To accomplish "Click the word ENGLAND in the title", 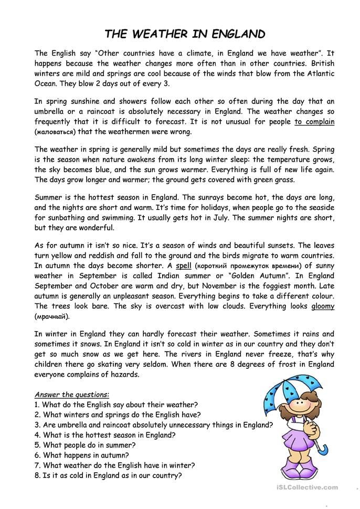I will pos(239,35).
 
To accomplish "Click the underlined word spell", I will pos(184,266).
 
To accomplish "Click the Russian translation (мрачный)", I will pos(51,316).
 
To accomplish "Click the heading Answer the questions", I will pos(72,394).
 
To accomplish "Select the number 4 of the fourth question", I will pos(37,434).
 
